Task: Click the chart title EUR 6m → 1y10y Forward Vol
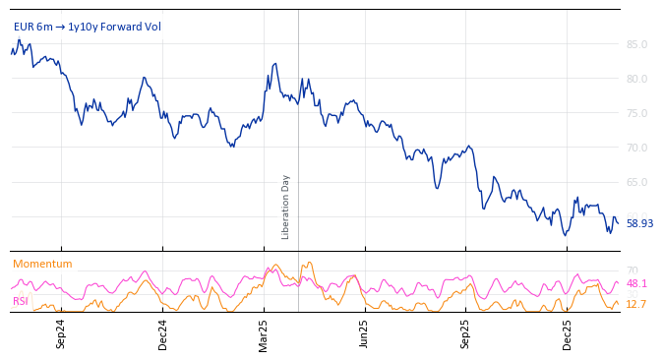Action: point(87,28)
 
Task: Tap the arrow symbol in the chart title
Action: point(60,28)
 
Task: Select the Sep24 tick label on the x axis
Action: point(61,333)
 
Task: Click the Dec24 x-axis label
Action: point(162,333)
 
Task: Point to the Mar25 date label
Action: point(264,333)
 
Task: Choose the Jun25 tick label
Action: point(364,333)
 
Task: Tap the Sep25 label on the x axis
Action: point(465,333)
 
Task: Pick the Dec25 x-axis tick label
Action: point(567,333)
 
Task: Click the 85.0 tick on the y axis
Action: point(636,44)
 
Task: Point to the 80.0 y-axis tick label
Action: point(636,79)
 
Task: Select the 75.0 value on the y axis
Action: point(636,113)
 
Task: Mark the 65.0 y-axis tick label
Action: point(636,182)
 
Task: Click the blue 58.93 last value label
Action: point(639,224)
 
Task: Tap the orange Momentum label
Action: point(42,265)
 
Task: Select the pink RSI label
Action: point(21,301)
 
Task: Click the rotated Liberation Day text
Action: point(286,207)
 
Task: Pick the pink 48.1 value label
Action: point(636,284)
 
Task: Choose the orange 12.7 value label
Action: point(636,305)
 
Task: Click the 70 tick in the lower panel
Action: point(633,271)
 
